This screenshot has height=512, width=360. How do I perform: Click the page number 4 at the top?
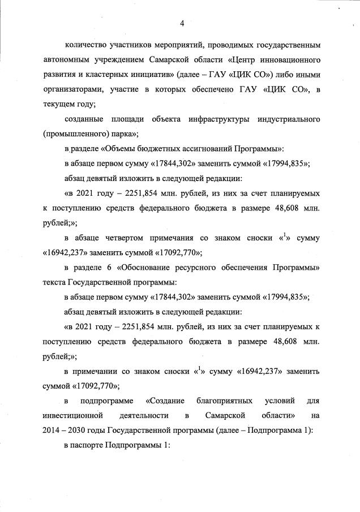tap(182, 23)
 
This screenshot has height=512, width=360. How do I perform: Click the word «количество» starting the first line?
tap(86, 44)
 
